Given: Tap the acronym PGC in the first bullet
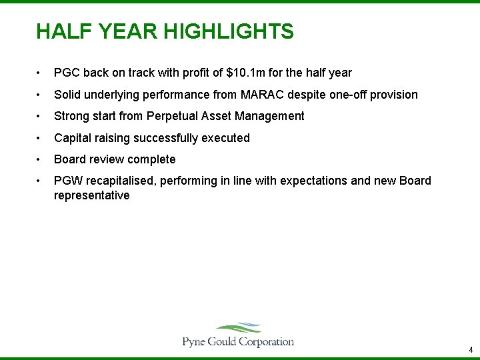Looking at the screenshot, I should [x=67, y=73].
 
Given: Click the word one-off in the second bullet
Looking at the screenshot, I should [x=347, y=95].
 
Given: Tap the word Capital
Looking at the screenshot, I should [x=73, y=138].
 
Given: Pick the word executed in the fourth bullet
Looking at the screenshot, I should [x=228, y=138].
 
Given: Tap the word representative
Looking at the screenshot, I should [x=91, y=196].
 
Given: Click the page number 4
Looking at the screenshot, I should [x=471, y=350].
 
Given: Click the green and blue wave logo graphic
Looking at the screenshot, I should [x=239, y=328].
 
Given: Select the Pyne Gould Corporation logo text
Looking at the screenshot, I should [x=238, y=342].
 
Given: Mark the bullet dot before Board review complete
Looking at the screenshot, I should [x=41, y=160].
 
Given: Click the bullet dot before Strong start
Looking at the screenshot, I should [x=41, y=117].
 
